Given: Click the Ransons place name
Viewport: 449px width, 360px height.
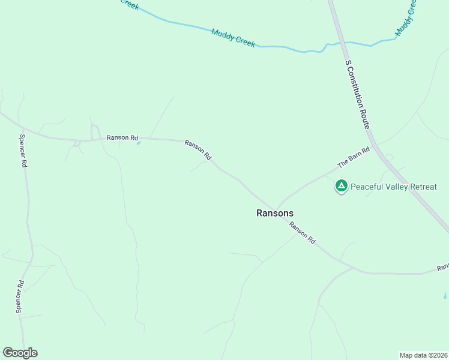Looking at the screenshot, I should point(275,212).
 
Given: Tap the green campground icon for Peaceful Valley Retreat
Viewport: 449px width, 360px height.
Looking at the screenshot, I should point(341,187).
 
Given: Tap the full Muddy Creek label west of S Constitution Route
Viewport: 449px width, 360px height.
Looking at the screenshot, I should point(234,38).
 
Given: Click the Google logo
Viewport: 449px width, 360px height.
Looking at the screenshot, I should point(20,353).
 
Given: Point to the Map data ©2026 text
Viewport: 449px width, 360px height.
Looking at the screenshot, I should point(423,355).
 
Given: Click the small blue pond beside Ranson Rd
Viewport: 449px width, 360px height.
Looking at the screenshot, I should point(139,143).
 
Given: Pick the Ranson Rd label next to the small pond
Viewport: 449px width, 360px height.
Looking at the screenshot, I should point(122,137).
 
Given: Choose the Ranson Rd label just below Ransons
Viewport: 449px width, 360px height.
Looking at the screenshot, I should point(302,232).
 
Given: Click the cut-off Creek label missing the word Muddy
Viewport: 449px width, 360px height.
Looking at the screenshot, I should point(130,5).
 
